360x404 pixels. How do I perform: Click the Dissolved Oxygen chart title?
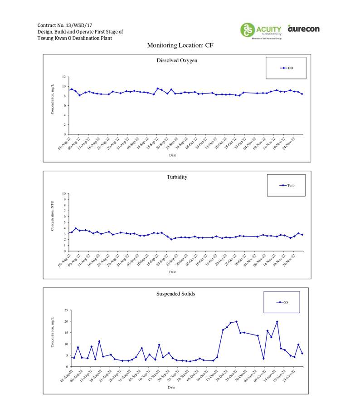(177, 60)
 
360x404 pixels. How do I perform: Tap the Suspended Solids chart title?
(176, 294)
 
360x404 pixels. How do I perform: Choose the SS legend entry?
(283, 302)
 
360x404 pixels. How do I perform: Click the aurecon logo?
(303, 29)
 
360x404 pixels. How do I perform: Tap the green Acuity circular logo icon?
(248, 30)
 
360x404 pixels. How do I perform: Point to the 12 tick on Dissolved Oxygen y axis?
(64, 77)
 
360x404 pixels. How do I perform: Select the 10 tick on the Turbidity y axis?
(64, 194)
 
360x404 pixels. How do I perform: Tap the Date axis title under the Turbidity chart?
(172, 272)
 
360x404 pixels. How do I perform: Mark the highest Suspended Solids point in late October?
(236, 321)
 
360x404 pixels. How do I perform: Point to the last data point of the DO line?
(302, 94)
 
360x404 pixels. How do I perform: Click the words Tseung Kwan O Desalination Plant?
(74, 38)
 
